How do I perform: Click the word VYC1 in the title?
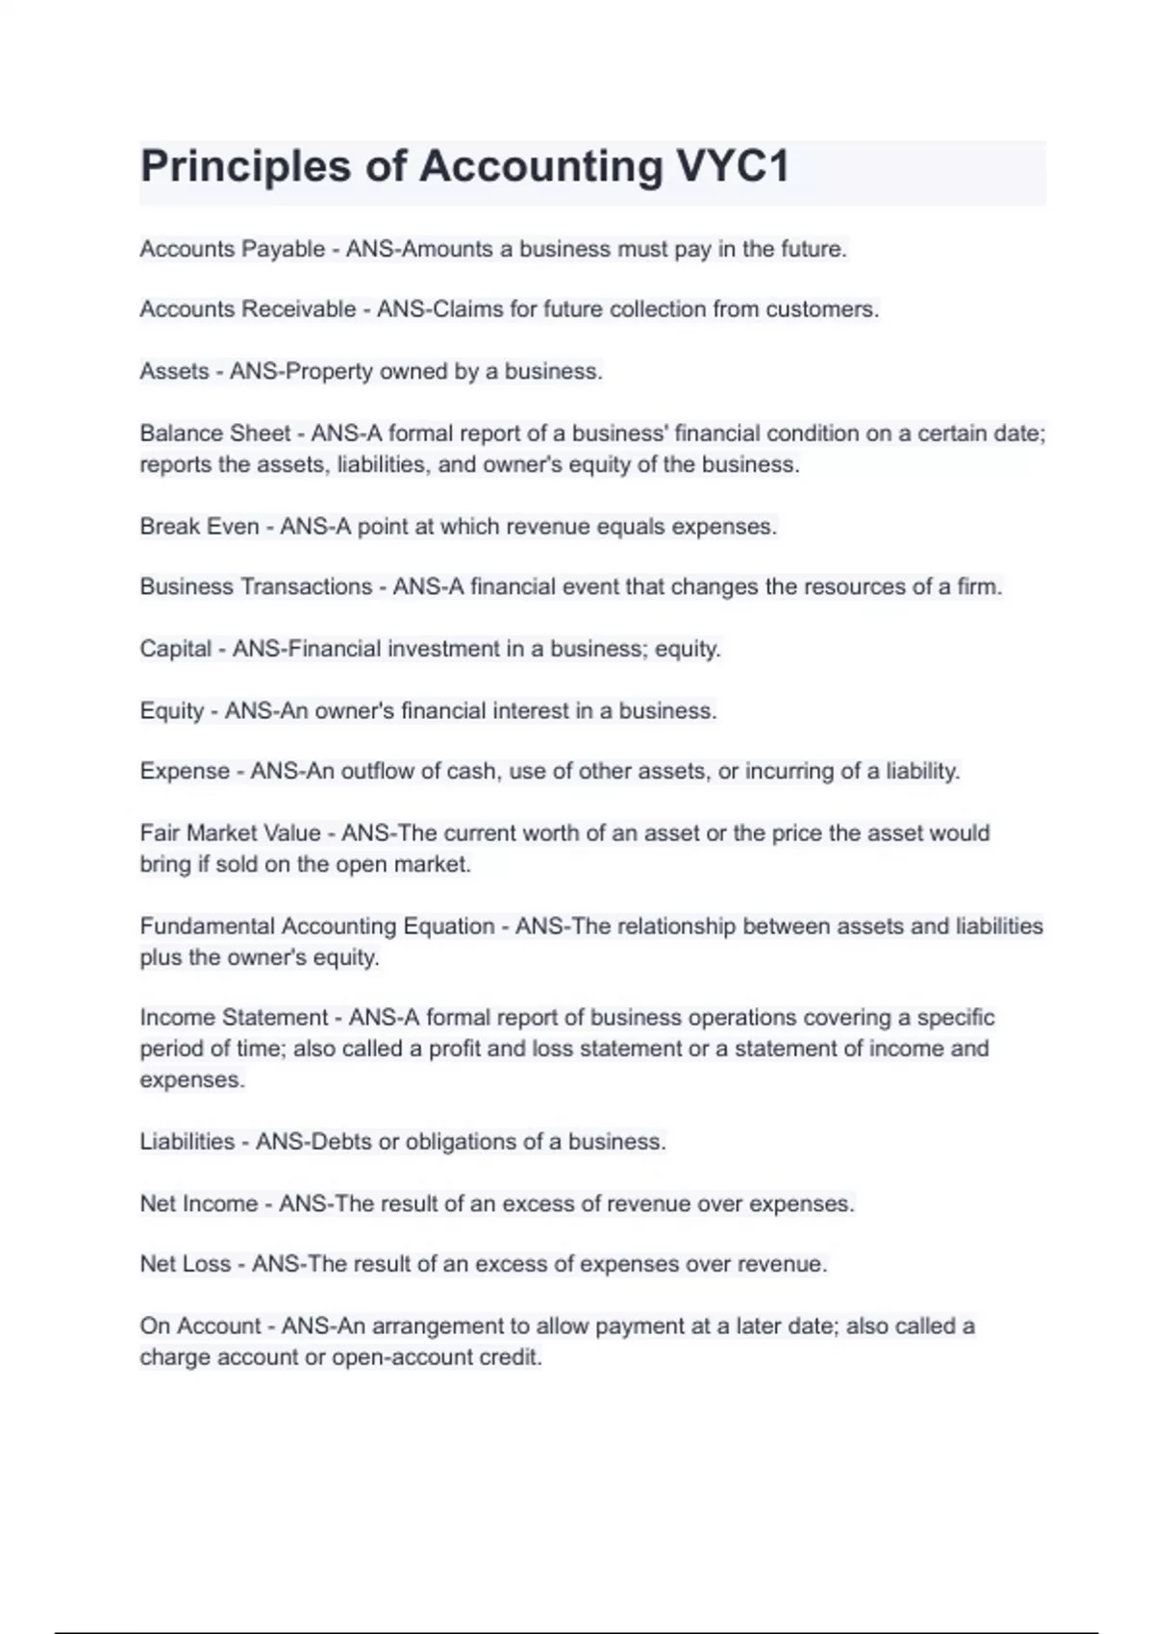pyautogui.click(x=734, y=166)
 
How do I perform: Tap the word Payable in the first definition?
pyautogui.click(x=283, y=249)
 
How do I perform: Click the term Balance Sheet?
pyautogui.click(x=214, y=433)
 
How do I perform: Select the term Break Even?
pyautogui.click(x=199, y=527)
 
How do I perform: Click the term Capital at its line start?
pyautogui.click(x=175, y=649)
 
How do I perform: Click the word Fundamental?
pyautogui.click(x=207, y=927)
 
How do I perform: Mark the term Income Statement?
pyautogui.click(x=234, y=1017)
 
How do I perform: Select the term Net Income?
pyautogui.click(x=198, y=1203)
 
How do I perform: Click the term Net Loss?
pyautogui.click(x=186, y=1264)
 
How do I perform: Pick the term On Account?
pyautogui.click(x=200, y=1326)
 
